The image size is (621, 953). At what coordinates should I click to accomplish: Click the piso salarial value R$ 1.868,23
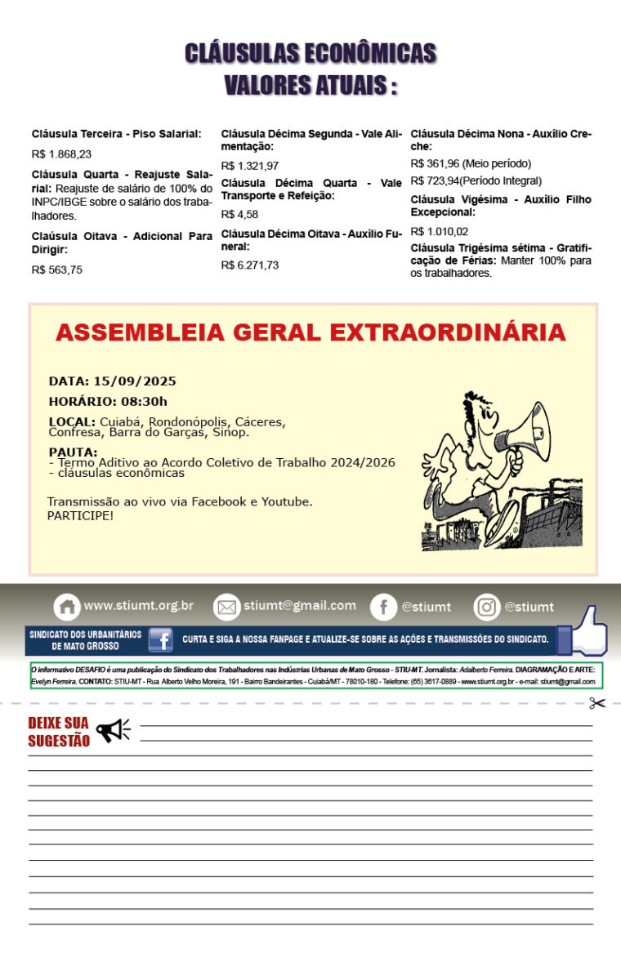click(61, 154)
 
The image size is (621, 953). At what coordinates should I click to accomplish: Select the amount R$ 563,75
click(56, 269)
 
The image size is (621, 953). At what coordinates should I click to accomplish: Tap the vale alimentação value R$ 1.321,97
click(249, 166)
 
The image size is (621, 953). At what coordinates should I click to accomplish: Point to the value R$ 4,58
click(239, 215)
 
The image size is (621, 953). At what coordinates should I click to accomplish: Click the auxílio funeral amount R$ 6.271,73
click(249, 265)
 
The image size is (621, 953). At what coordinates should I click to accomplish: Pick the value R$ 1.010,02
click(439, 231)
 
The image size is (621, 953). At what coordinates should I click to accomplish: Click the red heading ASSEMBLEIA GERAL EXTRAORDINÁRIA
click(310, 333)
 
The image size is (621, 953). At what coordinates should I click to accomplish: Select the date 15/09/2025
click(135, 381)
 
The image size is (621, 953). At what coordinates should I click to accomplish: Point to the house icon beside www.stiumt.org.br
click(67, 607)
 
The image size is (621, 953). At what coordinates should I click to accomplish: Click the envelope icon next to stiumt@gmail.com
click(226, 607)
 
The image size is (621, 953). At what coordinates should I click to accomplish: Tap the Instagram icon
click(486, 607)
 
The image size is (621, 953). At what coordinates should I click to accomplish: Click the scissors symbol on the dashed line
click(597, 703)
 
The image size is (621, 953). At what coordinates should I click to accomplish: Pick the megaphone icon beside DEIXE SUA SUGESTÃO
click(113, 730)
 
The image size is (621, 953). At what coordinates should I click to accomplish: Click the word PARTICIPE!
click(80, 516)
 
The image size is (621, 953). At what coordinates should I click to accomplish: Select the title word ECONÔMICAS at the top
click(369, 54)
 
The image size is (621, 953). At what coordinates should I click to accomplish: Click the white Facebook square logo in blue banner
click(160, 639)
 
